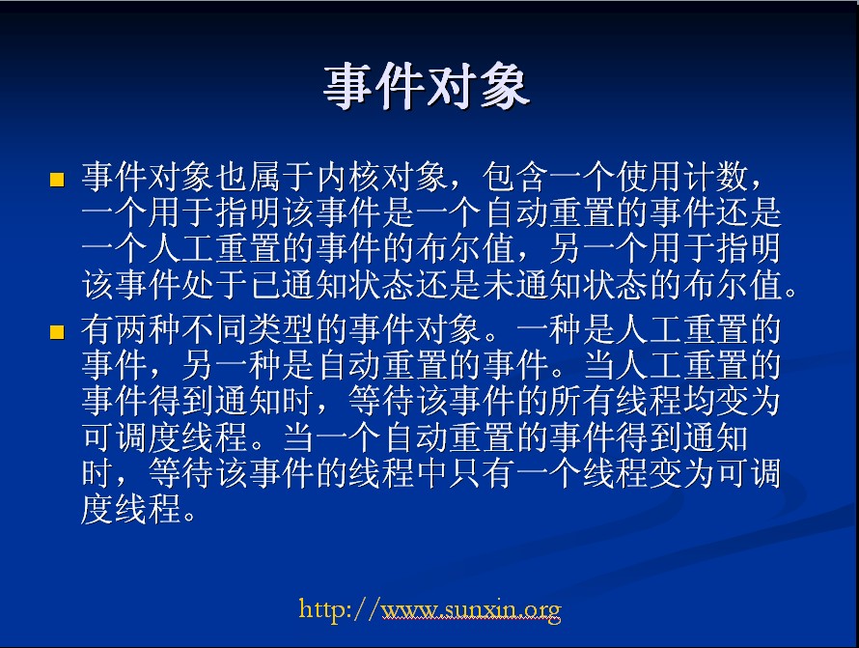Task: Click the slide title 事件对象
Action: [427, 87]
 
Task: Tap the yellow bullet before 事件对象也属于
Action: [57, 180]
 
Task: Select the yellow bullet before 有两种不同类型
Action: [57, 332]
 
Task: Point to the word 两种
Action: [148, 329]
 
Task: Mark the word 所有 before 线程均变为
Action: [582, 401]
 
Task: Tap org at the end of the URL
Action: [542, 611]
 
